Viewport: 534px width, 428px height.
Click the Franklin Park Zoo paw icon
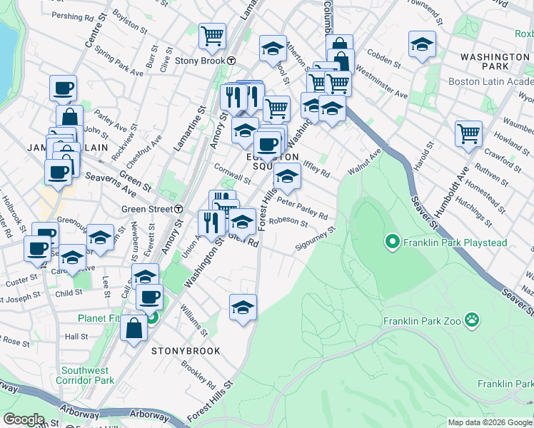471,320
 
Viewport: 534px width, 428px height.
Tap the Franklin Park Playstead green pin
391,243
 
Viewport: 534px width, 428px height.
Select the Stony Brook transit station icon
232,61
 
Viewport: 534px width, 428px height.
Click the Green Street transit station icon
178,209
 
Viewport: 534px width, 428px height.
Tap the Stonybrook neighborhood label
186,351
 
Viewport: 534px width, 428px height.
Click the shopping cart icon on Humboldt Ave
468,133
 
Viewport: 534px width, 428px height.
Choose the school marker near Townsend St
422,44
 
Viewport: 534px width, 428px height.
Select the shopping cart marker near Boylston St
212,36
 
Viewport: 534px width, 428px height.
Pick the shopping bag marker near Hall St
133,328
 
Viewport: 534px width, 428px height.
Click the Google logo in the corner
24,419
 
